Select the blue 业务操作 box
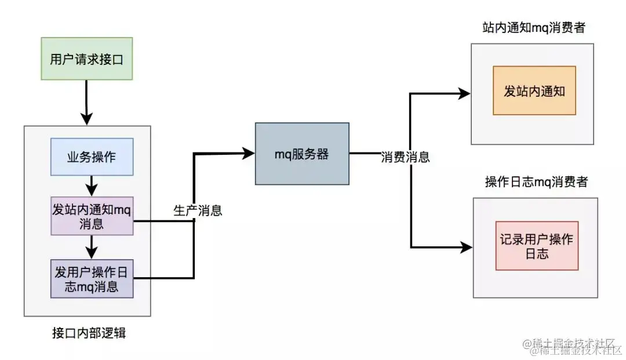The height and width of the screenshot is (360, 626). click(92, 157)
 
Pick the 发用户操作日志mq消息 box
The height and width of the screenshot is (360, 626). click(92, 279)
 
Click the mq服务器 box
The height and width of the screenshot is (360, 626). click(302, 154)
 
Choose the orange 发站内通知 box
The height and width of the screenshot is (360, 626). click(534, 90)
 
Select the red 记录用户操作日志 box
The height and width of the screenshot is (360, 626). click(537, 246)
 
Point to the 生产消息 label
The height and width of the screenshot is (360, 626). click(198, 210)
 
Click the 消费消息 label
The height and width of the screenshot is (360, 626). click(406, 157)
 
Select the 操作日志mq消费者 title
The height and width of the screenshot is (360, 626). click(536, 182)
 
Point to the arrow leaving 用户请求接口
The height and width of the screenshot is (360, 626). click(86, 102)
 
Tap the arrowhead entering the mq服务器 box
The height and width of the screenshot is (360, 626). click(249, 153)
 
